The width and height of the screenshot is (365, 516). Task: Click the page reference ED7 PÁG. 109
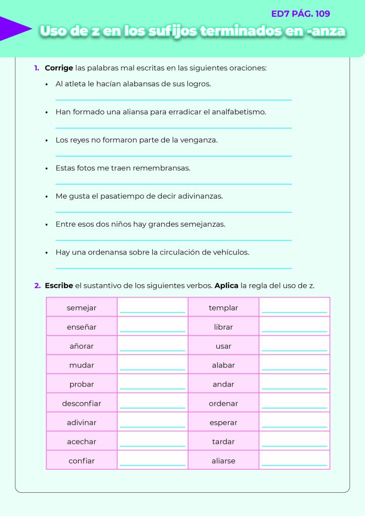click(x=300, y=14)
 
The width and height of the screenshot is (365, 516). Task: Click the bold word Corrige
click(x=59, y=68)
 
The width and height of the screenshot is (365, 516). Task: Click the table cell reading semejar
click(x=82, y=308)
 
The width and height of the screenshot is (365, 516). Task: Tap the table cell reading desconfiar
click(x=82, y=404)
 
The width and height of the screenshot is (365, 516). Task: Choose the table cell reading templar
click(x=223, y=308)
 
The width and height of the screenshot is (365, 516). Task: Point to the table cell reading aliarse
click(x=223, y=461)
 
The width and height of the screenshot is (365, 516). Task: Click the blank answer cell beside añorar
click(x=152, y=346)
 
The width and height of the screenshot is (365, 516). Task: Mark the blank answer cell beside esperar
click(x=294, y=423)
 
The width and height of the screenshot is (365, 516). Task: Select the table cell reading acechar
click(x=82, y=442)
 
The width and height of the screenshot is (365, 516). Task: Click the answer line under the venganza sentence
click(x=173, y=155)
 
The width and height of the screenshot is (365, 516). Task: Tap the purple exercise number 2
click(x=37, y=286)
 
